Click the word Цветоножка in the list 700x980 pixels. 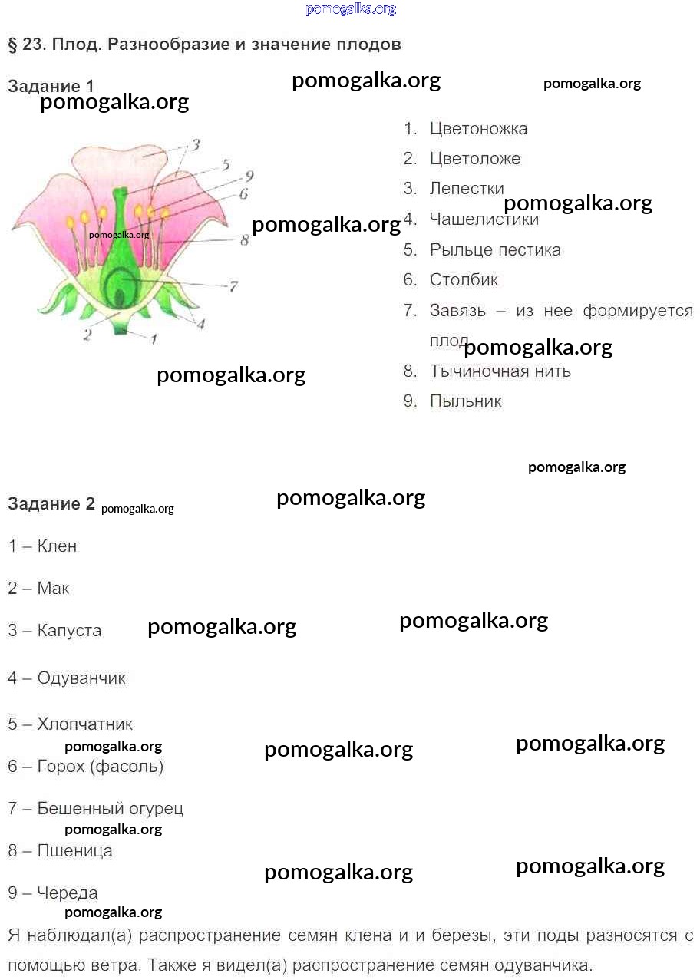coord(478,129)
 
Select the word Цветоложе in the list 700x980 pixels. coord(475,158)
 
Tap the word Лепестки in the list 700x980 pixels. coord(467,189)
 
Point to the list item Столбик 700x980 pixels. coord(464,279)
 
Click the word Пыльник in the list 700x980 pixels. coord(465,401)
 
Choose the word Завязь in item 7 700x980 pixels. coord(457,310)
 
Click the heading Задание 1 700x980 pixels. coord(51,86)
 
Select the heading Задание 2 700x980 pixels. coord(51,504)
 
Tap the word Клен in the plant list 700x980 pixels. coord(57,546)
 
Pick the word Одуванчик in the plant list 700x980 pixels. coord(81,678)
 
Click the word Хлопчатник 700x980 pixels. coord(85,724)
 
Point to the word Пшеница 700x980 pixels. coord(74,851)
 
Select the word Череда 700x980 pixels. coord(68,893)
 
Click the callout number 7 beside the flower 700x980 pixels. coord(233,286)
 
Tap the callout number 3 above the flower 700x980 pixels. coord(196,144)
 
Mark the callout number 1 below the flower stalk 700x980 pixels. coord(154,338)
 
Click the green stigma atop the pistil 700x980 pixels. coord(120,193)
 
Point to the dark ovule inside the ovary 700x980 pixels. coord(119,299)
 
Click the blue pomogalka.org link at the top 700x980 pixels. coord(351,8)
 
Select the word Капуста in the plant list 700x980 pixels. coord(69,630)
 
